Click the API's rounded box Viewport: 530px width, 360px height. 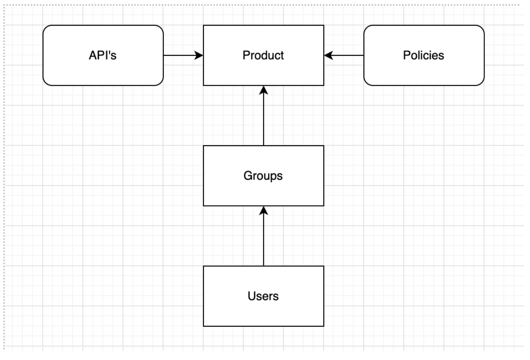(x=103, y=55)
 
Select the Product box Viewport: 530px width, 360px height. (x=264, y=55)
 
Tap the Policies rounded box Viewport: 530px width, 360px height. (x=424, y=55)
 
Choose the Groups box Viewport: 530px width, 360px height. (x=264, y=176)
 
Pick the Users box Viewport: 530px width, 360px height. (x=264, y=296)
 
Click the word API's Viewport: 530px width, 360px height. (x=103, y=55)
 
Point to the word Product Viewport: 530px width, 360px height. (x=263, y=55)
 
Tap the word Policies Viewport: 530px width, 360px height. (x=424, y=55)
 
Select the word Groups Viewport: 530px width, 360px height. (x=263, y=176)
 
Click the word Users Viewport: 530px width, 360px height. (x=263, y=296)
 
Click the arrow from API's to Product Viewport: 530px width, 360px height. (x=184, y=55)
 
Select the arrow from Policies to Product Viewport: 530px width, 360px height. (x=344, y=55)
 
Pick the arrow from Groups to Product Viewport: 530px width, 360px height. (x=264, y=116)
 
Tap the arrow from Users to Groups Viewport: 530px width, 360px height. (x=264, y=236)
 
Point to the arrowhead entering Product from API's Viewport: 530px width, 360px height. (x=199, y=55)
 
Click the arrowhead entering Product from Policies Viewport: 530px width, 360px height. (x=329, y=55)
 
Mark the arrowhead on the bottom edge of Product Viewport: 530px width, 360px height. (x=264, y=90)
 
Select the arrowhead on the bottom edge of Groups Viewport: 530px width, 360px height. (x=264, y=211)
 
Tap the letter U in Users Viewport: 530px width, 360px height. (x=252, y=296)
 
